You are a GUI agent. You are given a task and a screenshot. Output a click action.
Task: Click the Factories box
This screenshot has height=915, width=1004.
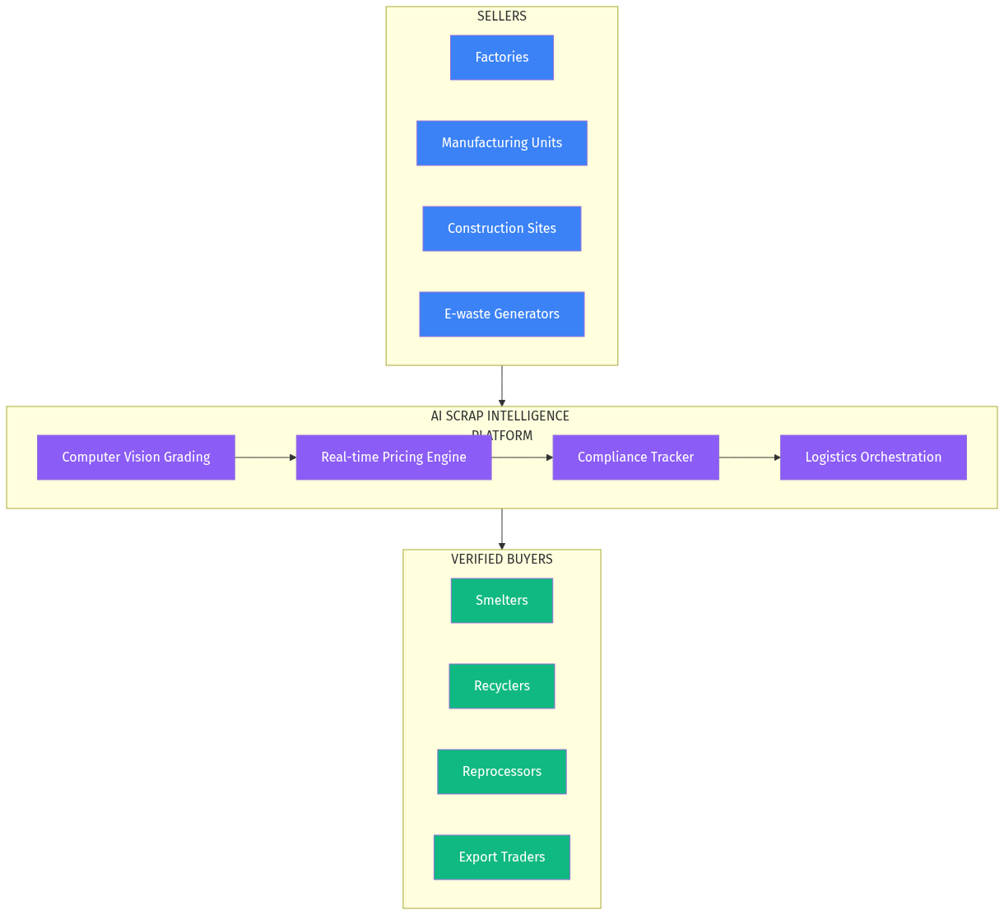(501, 58)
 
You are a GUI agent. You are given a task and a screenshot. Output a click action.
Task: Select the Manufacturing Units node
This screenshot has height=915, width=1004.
(501, 143)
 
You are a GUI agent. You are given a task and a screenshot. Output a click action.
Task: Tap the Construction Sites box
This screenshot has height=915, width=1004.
(501, 229)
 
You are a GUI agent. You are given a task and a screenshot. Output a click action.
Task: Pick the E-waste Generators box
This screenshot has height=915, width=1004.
(501, 314)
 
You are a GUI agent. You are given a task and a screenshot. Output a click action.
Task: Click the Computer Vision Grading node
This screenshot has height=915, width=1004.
(136, 457)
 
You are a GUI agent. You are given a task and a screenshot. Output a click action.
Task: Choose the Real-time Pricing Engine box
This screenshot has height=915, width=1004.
(393, 457)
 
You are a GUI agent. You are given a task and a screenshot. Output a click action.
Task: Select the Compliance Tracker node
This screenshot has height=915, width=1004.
(635, 457)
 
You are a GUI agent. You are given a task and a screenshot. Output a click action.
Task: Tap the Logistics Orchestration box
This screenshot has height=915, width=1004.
(873, 457)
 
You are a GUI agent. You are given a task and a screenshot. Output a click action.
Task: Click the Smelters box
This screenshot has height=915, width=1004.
(501, 601)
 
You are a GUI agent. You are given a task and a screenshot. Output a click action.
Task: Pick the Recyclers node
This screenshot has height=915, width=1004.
(501, 686)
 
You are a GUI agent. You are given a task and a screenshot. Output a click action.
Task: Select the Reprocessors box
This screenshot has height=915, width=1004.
(501, 772)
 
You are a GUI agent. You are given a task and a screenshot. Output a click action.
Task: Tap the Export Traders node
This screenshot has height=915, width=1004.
(501, 857)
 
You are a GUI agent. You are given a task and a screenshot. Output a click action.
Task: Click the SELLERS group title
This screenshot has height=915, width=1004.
(501, 16)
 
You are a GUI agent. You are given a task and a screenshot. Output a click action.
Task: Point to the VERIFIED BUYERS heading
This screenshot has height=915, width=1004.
(501, 560)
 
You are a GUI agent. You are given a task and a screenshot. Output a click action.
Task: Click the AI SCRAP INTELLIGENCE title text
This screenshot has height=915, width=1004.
(500, 416)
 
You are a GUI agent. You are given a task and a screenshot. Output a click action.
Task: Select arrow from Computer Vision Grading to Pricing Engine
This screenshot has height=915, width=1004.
(265, 457)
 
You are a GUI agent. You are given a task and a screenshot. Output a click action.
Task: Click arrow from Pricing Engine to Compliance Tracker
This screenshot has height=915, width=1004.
(522, 457)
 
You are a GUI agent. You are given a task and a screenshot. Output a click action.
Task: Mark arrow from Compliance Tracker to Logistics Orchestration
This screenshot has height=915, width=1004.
(749, 457)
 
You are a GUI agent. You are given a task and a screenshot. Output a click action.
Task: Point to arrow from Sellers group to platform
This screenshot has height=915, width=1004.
(501, 385)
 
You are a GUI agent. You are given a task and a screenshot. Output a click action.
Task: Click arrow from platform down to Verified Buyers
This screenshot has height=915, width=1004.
(501, 528)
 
